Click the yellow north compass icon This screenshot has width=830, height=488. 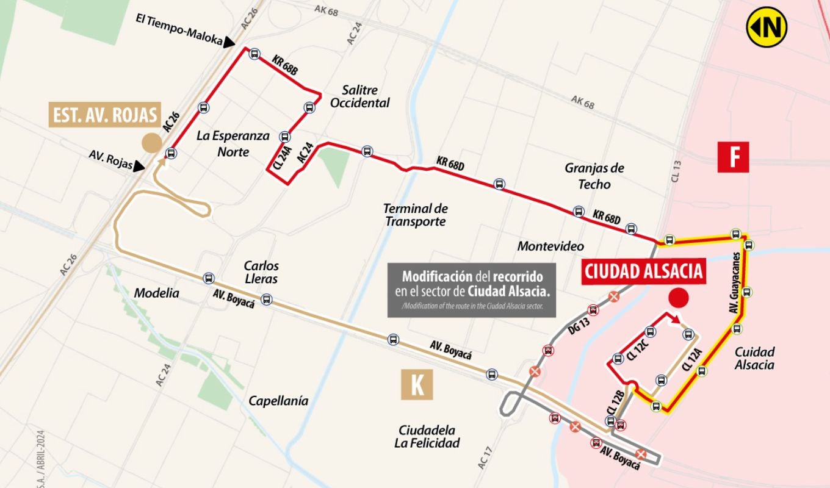(x=767, y=27)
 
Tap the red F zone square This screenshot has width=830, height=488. (x=733, y=157)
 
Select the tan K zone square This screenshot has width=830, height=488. (x=417, y=384)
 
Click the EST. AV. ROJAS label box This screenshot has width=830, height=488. (x=105, y=115)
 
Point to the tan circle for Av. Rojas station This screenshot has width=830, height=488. (x=152, y=143)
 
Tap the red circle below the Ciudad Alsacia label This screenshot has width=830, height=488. (x=679, y=298)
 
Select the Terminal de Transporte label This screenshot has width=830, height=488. (x=416, y=215)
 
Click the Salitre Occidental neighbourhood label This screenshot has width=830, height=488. (x=359, y=96)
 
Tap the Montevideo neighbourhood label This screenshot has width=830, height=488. (x=550, y=246)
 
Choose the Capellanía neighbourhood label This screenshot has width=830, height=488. (x=278, y=401)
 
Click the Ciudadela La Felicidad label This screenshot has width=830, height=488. (x=427, y=436)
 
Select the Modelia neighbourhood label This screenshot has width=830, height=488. (x=157, y=293)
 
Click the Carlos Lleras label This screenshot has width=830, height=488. (x=261, y=272)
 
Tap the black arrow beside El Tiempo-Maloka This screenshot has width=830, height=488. (x=229, y=42)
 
